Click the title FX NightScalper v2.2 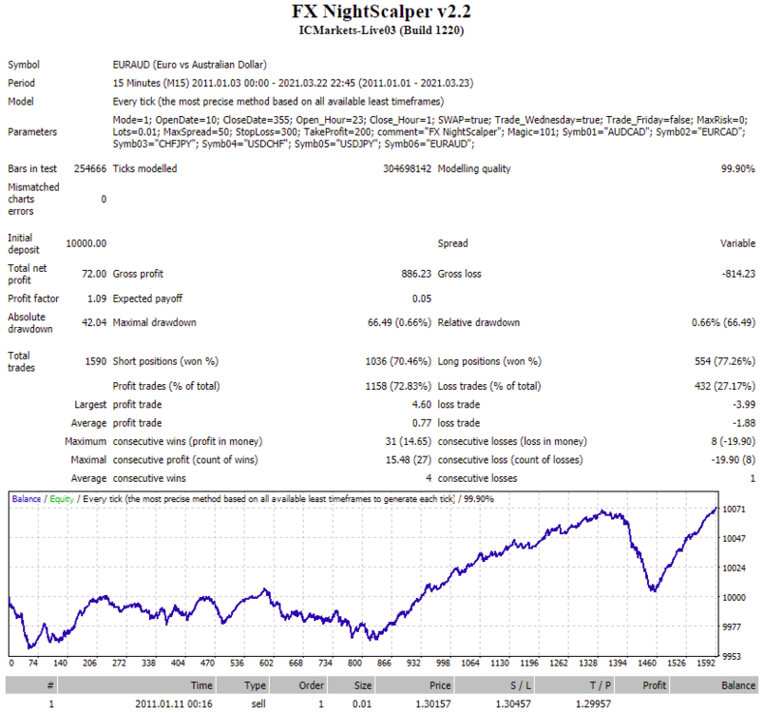tap(381, 11)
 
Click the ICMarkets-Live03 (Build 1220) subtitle tap(381, 30)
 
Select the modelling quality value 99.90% tap(737, 168)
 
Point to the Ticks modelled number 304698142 tap(407, 168)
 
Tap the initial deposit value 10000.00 tap(86, 243)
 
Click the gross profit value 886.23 tap(416, 274)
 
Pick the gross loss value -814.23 tap(738, 274)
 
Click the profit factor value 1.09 tap(97, 299)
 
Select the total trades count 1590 tap(96, 361)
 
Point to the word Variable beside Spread tap(737, 243)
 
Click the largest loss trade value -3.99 tap(744, 404)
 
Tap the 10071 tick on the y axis tap(734, 510)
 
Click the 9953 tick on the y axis tap(732, 657)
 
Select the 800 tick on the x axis tap(354, 663)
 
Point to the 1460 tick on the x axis tap(647, 663)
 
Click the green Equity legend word tap(62, 499)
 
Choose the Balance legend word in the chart tap(27, 499)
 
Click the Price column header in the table tap(440, 685)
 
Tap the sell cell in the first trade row tap(258, 703)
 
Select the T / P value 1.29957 tap(593, 703)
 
